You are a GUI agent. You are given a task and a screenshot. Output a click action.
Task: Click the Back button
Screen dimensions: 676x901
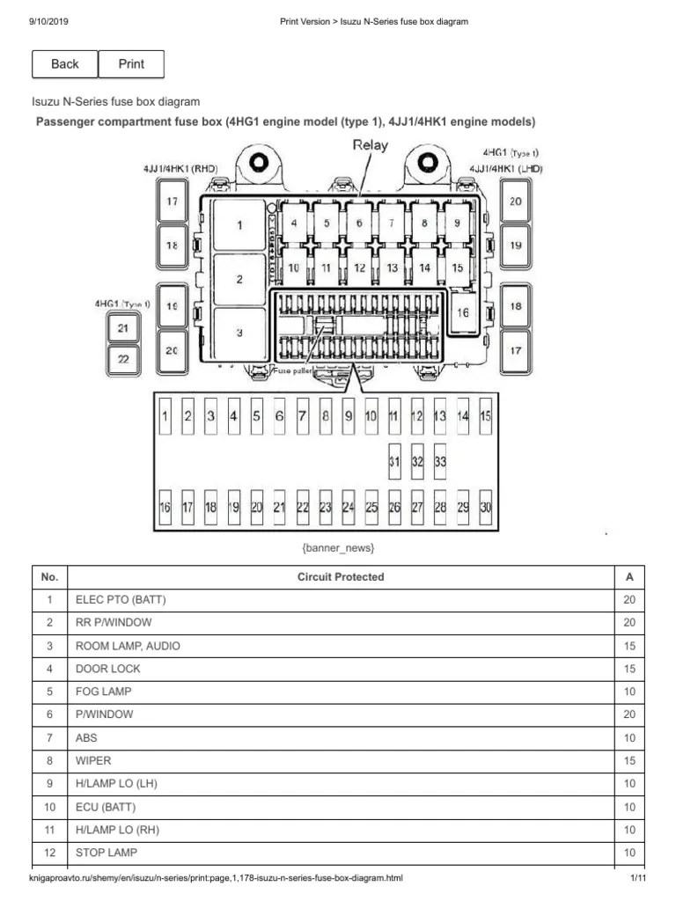tap(65, 64)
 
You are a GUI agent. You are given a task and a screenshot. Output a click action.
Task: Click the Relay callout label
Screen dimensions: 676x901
tap(370, 145)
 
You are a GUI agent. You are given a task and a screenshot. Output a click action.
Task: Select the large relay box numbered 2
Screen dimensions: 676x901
tap(239, 280)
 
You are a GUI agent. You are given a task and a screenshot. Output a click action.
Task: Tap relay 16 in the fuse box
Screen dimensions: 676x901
tap(462, 312)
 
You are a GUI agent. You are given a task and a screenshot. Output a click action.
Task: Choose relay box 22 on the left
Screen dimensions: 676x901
tap(123, 358)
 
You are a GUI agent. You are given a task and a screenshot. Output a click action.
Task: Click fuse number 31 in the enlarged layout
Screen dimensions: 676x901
tap(395, 460)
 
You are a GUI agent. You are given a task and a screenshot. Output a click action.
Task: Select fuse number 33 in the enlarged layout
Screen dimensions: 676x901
tap(440, 460)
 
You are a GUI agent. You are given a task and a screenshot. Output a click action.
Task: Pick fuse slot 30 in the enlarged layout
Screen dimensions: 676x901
tap(486, 507)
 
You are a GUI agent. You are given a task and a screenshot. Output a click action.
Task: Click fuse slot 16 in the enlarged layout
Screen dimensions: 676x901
tap(165, 507)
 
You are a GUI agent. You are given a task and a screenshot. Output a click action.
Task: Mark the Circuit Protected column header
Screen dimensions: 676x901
tap(340, 577)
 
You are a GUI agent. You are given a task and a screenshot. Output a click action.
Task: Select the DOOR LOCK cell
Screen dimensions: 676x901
tap(107, 669)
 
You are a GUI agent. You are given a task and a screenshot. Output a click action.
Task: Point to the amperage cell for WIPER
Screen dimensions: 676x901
tap(628, 760)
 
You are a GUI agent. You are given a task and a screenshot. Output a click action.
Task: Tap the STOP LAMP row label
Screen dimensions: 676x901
tap(106, 853)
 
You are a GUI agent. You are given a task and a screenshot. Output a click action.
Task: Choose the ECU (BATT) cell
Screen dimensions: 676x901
tap(106, 807)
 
